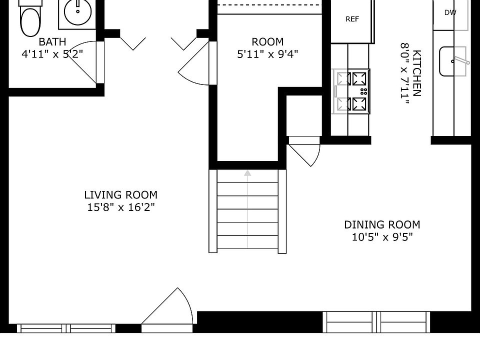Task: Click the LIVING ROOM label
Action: [121, 195]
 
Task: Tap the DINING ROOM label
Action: [382, 224]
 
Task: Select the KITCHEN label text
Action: [417, 73]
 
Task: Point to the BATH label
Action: [52, 41]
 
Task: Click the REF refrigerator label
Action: [352, 19]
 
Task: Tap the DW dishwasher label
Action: [450, 12]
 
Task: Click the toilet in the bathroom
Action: [30, 18]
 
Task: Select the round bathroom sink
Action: [78, 12]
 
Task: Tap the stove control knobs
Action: [363, 91]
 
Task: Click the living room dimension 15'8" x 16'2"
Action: [121, 207]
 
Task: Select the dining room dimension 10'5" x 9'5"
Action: [382, 237]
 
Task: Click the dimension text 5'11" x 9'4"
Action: [267, 54]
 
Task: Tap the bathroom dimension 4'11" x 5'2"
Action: [52, 54]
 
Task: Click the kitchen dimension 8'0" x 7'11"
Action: [404, 73]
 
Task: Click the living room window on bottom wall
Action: [66, 328]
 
